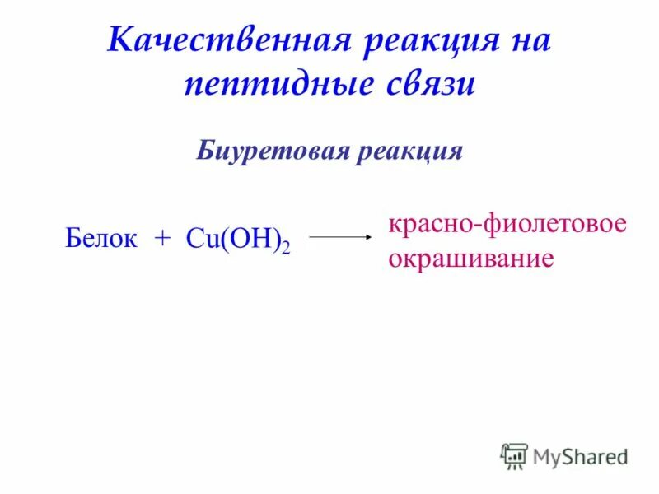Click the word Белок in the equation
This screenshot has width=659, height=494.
click(x=100, y=238)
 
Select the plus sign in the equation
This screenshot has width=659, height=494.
click(x=161, y=239)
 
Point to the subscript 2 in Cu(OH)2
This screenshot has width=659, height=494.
click(x=286, y=246)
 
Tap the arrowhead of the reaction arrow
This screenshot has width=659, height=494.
click(x=369, y=237)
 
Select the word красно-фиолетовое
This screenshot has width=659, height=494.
click(x=507, y=225)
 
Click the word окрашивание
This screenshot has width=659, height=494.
click(x=470, y=259)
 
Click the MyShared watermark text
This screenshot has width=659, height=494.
click(x=580, y=456)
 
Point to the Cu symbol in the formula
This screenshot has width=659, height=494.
click(x=201, y=239)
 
